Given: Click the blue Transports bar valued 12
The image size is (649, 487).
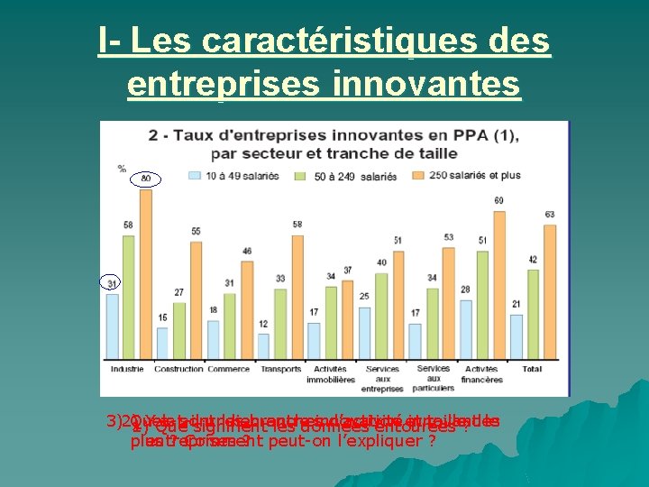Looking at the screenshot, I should pyautogui.click(x=263, y=346).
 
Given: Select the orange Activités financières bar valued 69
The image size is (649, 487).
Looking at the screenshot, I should pyautogui.click(x=498, y=284).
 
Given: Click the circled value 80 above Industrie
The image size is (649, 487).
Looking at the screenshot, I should pyautogui.click(x=145, y=179).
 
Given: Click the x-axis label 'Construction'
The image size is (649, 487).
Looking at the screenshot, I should pyautogui.click(x=178, y=369).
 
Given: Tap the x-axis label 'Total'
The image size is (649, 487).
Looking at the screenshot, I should pyautogui.click(x=532, y=369).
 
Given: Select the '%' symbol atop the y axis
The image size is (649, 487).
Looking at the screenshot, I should pyautogui.click(x=122, y=169).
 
